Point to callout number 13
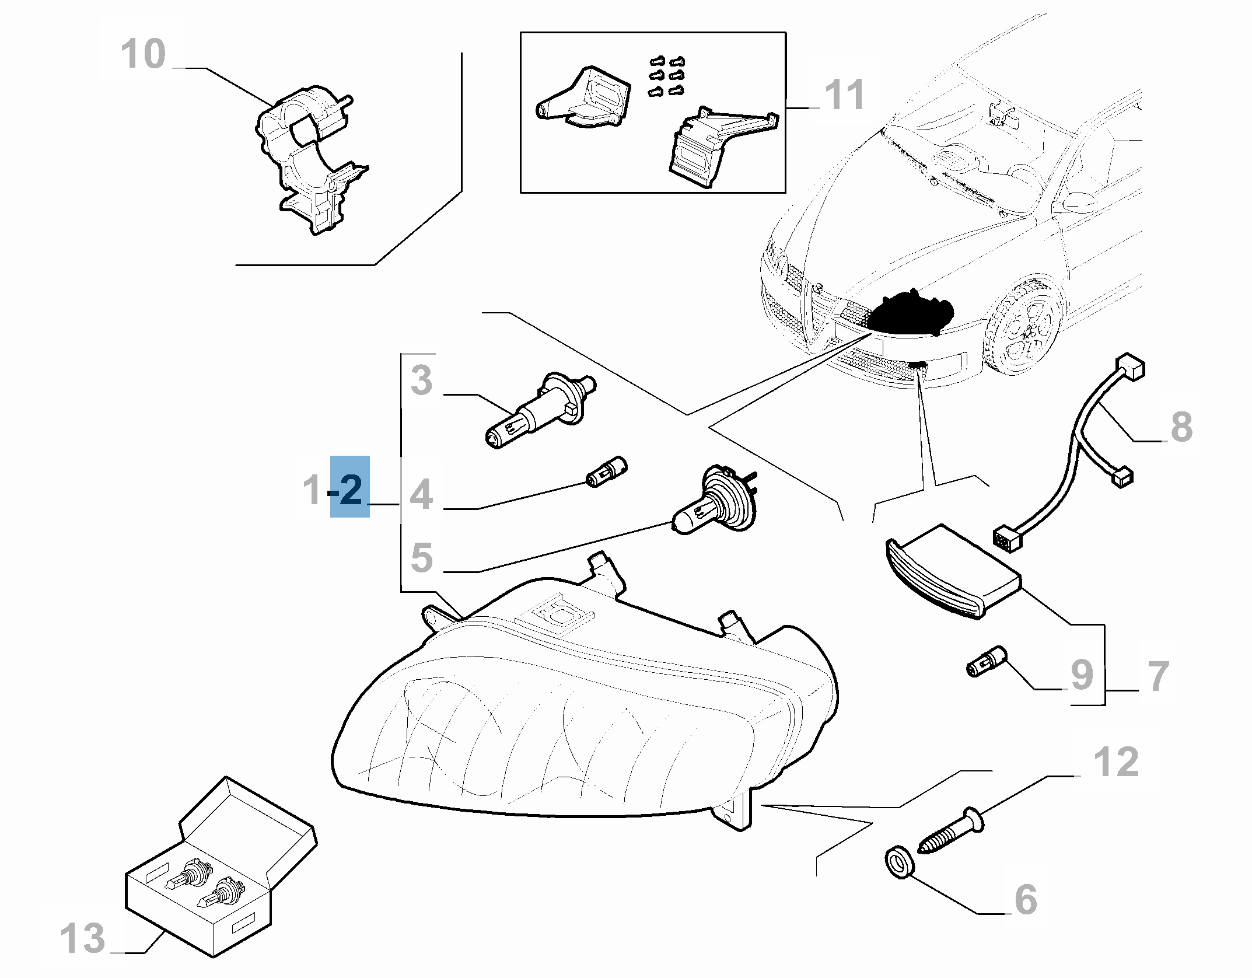pyautogui.click(x=83, y=938)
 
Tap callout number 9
pyautogui.click(x=1081, y=675)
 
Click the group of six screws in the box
pyautogui.click(x=666, y=76)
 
